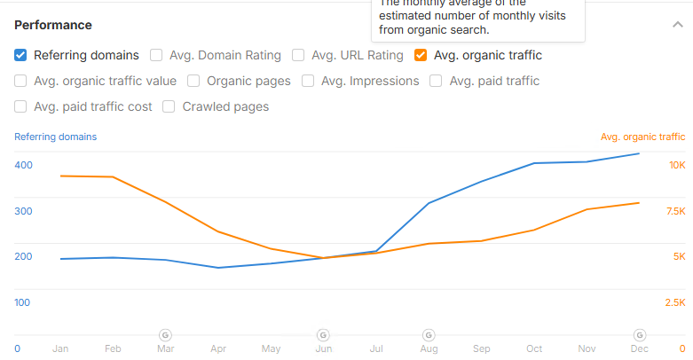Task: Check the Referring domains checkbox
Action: pyautogui.click(x=20, y=55)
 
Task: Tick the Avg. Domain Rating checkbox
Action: pyautogui.click(x=156, y=55)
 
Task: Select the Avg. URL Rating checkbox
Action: pyautogui.click(x=298, y=55)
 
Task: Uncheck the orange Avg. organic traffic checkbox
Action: pyautogui.click(x=421, y=55)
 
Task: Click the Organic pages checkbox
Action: pyautogui.click(x=193, y=81)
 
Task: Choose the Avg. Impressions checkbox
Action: pyautogui.click(x=308, y=81)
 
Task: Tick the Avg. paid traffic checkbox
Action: pyautogui.click(x=436, y=81)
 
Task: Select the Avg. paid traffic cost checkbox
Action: pyautogui.click(x=20, y=106)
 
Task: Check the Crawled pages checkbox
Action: pyautogui.click(x=169, y=106)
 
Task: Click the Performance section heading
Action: pyautogui.click(x=52, y=25)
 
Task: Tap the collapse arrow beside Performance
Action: pyautogui.click(x=678, y=25)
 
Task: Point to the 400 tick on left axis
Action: pyautogui.click(x=23, y=165)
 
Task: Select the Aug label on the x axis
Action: pyautogui.click(x=429, y=349)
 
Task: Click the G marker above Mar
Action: pyautogui.click(x=165, y=334)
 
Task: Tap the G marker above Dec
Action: pyautogui.click(x=639, y=334)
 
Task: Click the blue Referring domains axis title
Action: pyautogui.click(x=56, y=137)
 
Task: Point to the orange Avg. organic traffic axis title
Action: pyautogui.click(x=642, y=137)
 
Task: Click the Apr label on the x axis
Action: pyautogui.click(x=218, y=349)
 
